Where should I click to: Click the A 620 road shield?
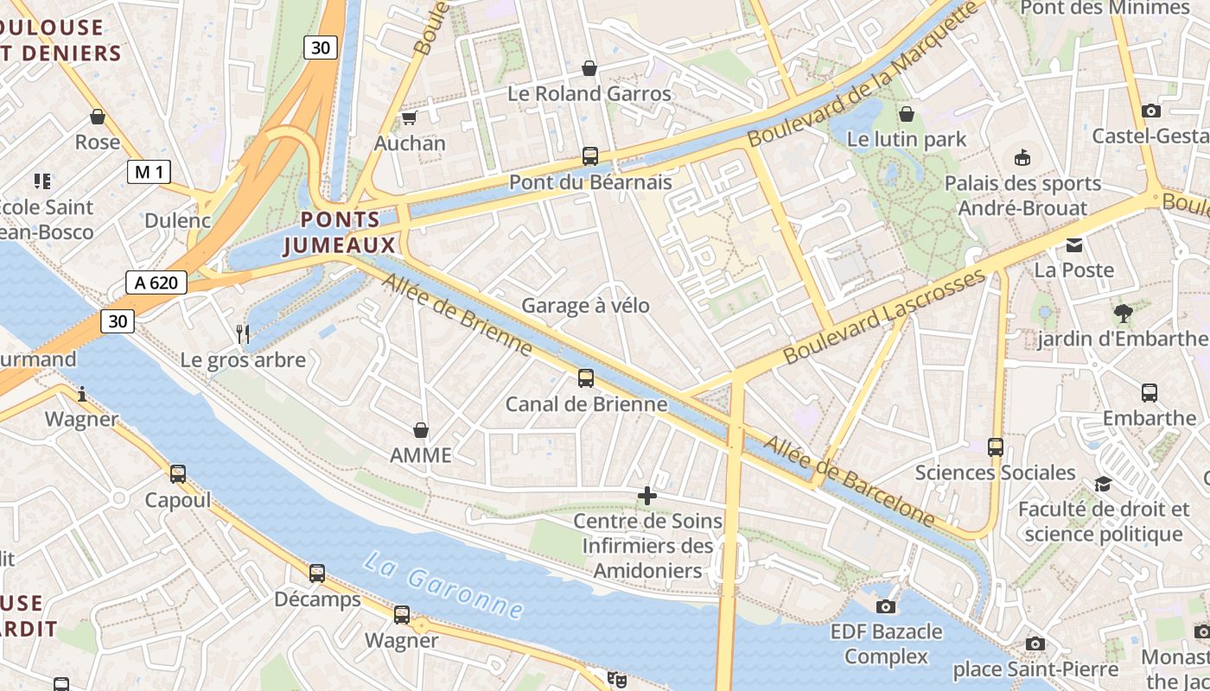click(156, 282)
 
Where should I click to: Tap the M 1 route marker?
click(149, 172)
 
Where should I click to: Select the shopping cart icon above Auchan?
click(409, 117)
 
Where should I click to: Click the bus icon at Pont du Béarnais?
click(590, 156)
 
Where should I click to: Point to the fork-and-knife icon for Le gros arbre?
click(243, 333)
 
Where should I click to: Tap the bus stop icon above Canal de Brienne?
click(586, 378)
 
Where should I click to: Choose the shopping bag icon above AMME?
click(421, 429)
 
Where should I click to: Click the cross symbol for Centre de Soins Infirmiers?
click(647, 496)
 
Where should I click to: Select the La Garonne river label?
click(443, 585)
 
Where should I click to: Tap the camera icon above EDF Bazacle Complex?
click(886, 606)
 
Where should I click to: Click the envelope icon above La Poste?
click(1074, 245)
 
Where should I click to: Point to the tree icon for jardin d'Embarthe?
click(1123, 313)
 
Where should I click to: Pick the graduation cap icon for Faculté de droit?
click(1103, 484)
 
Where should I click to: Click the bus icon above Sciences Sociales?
click(996, 447)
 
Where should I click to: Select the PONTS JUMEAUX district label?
click(340, 232)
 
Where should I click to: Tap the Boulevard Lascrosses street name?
click(883, 316)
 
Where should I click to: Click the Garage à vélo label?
click(585, 306)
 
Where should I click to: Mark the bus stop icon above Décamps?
click(317, 573)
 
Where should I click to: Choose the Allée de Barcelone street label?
click(850, 481)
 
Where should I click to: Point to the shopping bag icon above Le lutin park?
click(907, 114)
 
